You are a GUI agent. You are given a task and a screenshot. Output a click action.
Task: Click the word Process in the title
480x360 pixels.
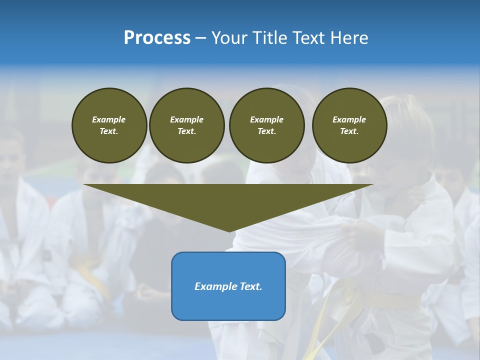point(157,38)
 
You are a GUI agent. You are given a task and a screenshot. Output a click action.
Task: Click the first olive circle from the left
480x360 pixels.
point(109,125)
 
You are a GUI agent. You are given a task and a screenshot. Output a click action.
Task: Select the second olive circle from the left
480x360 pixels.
point(186,125)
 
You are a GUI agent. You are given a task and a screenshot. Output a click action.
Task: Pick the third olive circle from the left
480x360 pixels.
point(266,125)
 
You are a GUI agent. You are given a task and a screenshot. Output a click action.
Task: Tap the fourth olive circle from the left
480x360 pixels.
point(349,125)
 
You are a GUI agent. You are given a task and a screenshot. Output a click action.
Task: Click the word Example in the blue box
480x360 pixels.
point(214,286)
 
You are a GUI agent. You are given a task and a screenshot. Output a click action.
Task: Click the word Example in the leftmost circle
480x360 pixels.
point(109,119)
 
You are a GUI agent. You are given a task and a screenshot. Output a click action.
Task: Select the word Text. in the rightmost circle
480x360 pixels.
point(349,131)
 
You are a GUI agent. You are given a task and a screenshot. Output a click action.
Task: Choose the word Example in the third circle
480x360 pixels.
point(266,119)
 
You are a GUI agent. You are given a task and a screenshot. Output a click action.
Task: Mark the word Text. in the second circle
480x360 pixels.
point(186,131)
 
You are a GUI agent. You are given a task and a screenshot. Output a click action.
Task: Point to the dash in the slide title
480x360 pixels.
point(200,38)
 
